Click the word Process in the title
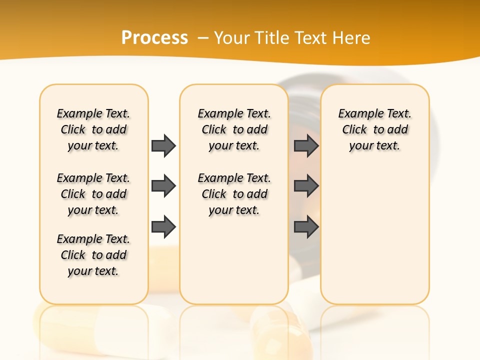click(154, 37)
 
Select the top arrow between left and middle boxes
click(163, 145)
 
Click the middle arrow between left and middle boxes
click(163, 186)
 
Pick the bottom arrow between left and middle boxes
click(163, 227)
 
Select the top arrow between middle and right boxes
click(306, 145)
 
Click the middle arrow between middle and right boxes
click(306, 186)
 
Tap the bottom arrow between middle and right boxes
click(306, 227)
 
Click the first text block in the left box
click(93, 129)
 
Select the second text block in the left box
click(93, 194)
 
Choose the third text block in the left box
click(93, 255)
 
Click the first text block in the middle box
click(234, 129)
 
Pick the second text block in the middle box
click(234, 194)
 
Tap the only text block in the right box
click(374, 129)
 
